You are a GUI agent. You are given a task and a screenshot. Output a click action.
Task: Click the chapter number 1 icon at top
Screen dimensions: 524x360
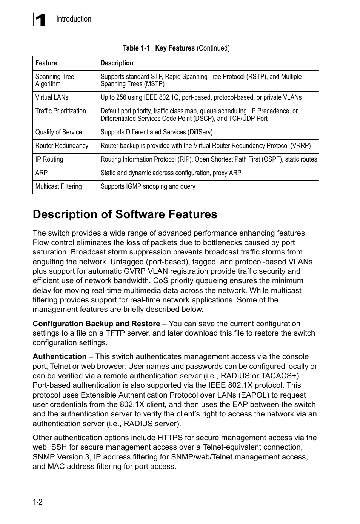[40, 19]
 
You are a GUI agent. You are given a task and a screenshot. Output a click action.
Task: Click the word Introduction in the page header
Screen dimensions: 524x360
[74, 19]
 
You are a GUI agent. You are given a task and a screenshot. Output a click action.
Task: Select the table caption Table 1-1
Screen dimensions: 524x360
[136, 48]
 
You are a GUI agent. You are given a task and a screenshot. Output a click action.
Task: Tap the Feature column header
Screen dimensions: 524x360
[46, 63]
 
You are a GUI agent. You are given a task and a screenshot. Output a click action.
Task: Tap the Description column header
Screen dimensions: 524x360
[117, 63]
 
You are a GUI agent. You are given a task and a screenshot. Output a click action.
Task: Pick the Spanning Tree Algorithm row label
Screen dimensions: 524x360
[55, 80]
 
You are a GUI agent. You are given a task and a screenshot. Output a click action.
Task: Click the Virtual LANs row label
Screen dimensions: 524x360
[52, 97]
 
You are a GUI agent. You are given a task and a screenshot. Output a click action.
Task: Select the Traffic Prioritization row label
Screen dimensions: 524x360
[60, 111]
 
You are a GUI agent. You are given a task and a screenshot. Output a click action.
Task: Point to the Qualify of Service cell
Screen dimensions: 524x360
[58, 132]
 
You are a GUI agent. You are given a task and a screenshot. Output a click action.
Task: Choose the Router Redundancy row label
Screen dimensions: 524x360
[62, 146]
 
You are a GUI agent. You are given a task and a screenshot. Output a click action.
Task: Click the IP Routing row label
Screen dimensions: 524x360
[49, 159]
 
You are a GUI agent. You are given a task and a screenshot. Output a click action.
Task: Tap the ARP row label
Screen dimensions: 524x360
[42, 173]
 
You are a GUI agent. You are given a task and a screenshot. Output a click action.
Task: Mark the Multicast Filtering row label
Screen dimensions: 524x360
[58, 186]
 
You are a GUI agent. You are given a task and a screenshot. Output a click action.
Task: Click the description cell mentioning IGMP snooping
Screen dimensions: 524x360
[148, 186]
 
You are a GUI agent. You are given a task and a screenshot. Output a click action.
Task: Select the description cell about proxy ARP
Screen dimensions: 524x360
[171, 173]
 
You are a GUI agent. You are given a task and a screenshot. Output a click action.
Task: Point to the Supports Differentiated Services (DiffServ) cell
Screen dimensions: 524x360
[156, 132]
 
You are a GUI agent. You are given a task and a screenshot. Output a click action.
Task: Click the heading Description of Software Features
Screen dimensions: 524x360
[125, 214]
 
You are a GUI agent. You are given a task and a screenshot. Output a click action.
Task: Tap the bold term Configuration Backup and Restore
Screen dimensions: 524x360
[96, 324]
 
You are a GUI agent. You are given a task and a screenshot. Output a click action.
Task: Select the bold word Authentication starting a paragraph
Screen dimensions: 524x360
[59, 356]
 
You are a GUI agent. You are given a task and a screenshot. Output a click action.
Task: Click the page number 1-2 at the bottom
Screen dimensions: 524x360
[37, 502]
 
